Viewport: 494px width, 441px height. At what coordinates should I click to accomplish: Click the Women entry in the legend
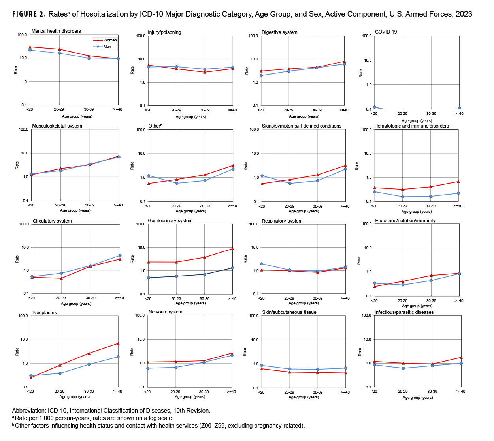[110, 40]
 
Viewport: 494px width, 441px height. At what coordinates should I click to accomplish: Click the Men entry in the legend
[107, 47]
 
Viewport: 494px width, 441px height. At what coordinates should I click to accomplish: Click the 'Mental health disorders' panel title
[56, 31]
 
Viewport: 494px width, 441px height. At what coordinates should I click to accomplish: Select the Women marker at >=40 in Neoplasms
[118, 343]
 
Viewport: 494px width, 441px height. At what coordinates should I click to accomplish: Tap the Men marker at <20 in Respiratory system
[262, 264]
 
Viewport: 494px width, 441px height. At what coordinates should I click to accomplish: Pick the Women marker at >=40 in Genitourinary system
[232, 249]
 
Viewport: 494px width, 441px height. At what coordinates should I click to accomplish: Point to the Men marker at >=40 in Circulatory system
[120, 256]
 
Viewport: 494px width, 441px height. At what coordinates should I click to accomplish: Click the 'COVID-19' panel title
[386, 32]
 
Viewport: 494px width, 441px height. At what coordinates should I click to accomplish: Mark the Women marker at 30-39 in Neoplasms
[89, 353]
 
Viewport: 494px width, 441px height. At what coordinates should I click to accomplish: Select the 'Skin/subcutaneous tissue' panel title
[289, 312]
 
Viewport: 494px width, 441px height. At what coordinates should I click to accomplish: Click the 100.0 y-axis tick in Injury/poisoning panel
[140, 36]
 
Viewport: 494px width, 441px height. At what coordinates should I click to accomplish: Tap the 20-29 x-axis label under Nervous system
[175, 392]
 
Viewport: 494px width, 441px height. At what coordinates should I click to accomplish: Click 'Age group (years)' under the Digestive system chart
[304, 116]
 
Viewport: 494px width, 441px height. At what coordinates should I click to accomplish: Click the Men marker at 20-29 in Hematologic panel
[402, 197]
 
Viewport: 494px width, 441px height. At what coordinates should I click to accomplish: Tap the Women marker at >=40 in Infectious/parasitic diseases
[461, 357]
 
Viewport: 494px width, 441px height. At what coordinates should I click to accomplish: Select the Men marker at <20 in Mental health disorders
[30, 50]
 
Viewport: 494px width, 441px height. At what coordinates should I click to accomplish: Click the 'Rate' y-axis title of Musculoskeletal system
[17, 165]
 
